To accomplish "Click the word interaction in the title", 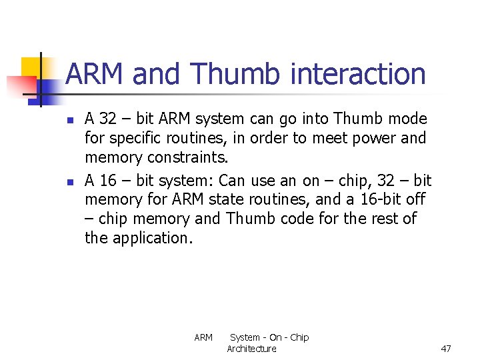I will pos(358,74).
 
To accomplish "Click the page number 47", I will pos(446,349).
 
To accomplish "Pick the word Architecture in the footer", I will pos(251,349).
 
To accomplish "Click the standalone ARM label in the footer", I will pos(203,338).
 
